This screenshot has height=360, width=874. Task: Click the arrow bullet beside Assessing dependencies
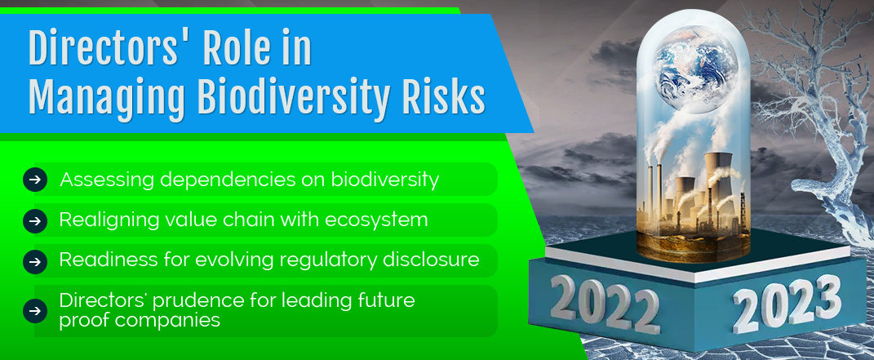(x=35, y=180)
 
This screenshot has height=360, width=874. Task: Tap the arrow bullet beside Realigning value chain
(x=35, y=220)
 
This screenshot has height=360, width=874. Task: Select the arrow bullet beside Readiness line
(x=35, y=261)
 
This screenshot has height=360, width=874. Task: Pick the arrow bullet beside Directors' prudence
(x=35, y=311)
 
